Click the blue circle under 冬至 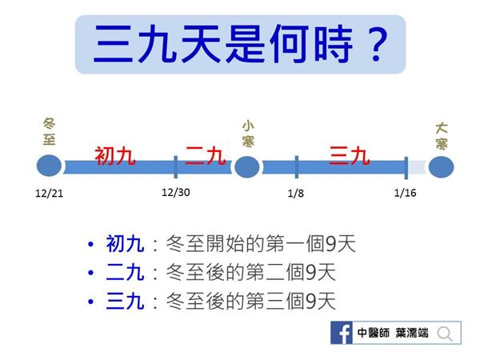pyautogui.click(x=49, y=166)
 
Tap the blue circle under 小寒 pyautogui.click(x=247, y=167)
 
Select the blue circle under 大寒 pyautogui.click(x=441, y=167)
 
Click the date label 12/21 pyautogui.click(x=50, y=194)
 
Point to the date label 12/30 pyautogui.click(x=176, y=192)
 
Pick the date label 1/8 pyautogui.click(x=296, y=193)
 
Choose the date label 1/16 pyautogui.click(x=405, y=193)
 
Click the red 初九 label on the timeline pyautogui.click(x=115, y=156)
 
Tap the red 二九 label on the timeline pyautogui.click(x=206, y=155)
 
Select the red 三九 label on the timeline pyautogui.click(x=350, y=155)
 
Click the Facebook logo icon pyautogui.click(x=342, y=333)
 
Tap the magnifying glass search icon pyautogui.click(x=445, y=334)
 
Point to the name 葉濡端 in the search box pyautogui.click(x=412, y=333)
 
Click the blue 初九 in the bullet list pyautogui.click(x=125, y=244)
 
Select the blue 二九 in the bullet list pyautogui.click(x=125, y=272)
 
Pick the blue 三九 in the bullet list pyautogui.click(x=125, y=301)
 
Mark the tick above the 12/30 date pyautogui.click(x=176, y=167)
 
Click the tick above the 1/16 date pyautogui.click(x=406, y=168)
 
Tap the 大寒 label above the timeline pyautogui.click(x=442, y=136)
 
